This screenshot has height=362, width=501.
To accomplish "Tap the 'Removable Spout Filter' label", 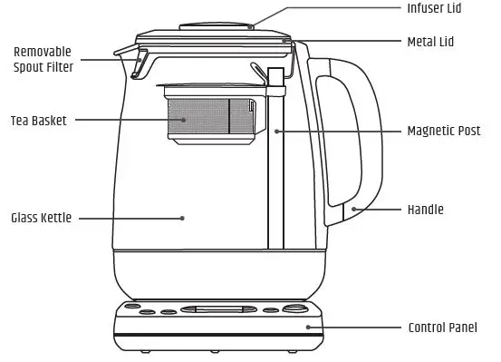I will click(x=43, y=59).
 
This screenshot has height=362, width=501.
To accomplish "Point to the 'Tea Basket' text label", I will click(x=38, y=120).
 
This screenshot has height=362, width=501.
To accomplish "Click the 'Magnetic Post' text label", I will click(x=444, y=131).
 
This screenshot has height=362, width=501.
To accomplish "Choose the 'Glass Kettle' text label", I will click(x=41, y=218).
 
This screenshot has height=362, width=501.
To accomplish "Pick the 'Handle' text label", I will click(x=425, y=210).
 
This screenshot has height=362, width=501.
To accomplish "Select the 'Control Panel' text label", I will click(x=442, y=328).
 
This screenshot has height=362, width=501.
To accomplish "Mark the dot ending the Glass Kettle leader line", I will click(x=181, y=218).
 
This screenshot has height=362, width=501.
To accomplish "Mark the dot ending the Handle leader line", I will click(x=354, y=210).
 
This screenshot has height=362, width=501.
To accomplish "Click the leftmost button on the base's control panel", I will click(x=128, y=311).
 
